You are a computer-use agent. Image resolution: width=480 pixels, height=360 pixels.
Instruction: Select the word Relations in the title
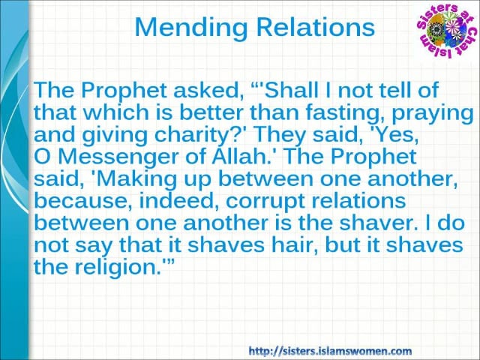click(x=316, y=27)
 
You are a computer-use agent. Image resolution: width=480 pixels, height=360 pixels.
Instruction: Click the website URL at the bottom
click(x=330, y=350)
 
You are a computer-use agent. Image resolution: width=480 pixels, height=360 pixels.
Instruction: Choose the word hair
click(x=295, y=244)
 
